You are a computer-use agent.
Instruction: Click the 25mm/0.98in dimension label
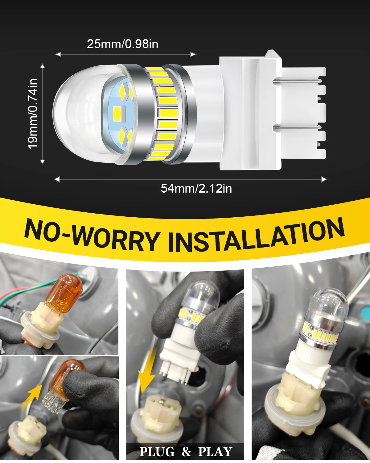coord(122,44)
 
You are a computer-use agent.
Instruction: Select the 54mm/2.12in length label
coord(196,188)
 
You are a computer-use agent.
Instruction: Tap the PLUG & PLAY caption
coord(186,452)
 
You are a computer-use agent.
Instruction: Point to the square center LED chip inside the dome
coord(119,113)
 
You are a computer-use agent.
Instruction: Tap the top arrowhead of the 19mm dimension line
coord(43,66)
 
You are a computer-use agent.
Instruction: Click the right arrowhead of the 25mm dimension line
coord(194,54)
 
